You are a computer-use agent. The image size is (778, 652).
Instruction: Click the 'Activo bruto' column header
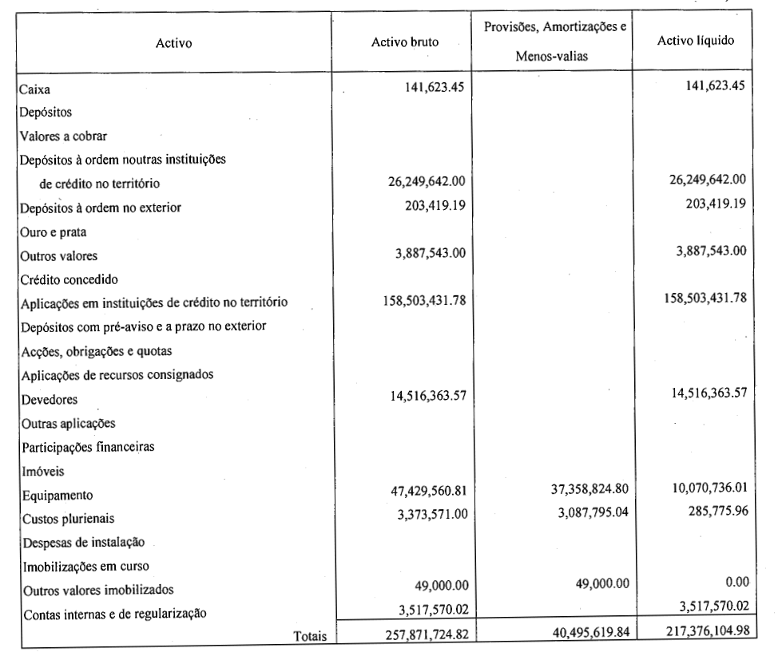pyautogui.click(x=405, y=42)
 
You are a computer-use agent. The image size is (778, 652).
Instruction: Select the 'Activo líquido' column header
pyautogui.click(x=696, y=41)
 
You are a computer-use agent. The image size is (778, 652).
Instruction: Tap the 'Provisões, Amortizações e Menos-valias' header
pyautogui.click(x=554, y=41)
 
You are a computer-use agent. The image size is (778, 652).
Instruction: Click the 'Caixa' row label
pyautogui.click(x=34, y=89)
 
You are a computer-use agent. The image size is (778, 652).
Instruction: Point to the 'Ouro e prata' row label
pyautogui.click(x=53, y=232)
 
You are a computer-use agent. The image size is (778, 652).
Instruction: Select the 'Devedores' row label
pyautogui.click(x=50, y=400)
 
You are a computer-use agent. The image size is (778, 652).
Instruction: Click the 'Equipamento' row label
pyautogui.click(x=58, y=496)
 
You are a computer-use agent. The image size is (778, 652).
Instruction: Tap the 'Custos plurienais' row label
pyautogui.click(x=69, y=519)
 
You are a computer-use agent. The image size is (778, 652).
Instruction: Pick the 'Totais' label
pyautogui.click(x=310, y=636)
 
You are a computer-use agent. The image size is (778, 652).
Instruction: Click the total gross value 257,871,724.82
pyautogui.click(x=427, y=634)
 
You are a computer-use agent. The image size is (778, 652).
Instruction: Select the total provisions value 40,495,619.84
pyautogui.click(x=591, y=632)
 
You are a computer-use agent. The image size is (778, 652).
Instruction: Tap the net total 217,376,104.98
pyautogui.click(x=708, y=630)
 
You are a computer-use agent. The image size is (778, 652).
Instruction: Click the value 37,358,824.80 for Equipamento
pyautogui.click(x=589, y=489)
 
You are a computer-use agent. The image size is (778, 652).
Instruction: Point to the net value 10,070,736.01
pyautogui.click(x=709, y=488)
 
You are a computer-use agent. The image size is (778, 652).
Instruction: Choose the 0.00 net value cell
pyautogui.click(x=737, y=582)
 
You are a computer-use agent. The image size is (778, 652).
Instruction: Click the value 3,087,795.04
pyautogui.click(x=593, y=512)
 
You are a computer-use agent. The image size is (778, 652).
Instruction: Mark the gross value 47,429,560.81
pyautogui.click(x=429, y=491)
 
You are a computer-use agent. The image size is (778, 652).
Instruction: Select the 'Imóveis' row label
pyautogui.click(x=43, y=472)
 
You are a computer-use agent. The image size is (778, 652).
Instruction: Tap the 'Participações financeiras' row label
pyautogui.click(x=89, y=447)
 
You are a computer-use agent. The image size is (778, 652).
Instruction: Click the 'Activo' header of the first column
pyautogui.click(x=173, y=43)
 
